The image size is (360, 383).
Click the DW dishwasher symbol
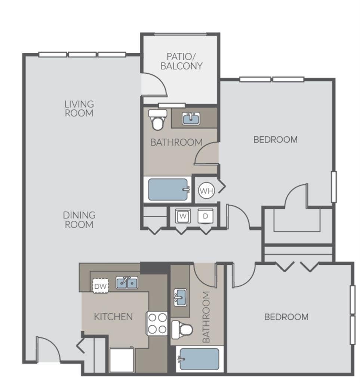pyautogui.click(x=100, y=286)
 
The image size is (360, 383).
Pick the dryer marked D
pyautogui.click(x=205, y=216)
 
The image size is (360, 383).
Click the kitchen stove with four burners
pyautogui.click(x=157, y=324)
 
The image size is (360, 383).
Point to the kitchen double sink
pyautogui.click(x=126, y=283)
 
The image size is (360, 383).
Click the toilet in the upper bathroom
pyautogui.click(x=157, y=119)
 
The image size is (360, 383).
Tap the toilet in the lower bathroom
pyautogui.click(x=182, y=329)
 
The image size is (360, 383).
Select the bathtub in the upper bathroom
pyautogui.click(x=168, y=190)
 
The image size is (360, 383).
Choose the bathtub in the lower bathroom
pyautogui.click(x=199, y=359)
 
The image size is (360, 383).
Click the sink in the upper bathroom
pyautogui.click(x=191, y=119)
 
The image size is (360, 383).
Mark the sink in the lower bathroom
pyautogui.click(x=180, y=297)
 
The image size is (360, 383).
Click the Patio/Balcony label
pyautogui.click(x=181, y=62)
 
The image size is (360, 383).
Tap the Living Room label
pyautogui.click(x=79, y=108)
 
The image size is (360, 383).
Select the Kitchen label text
pyautogui.click(x=113, y=317)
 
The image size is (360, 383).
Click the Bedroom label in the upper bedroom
pyautogui.click(x=276, y=140)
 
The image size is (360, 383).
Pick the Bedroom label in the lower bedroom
pyautogui.click(x=286, y=317)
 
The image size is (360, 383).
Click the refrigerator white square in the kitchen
pyautogui.click(x=121, y=360)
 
